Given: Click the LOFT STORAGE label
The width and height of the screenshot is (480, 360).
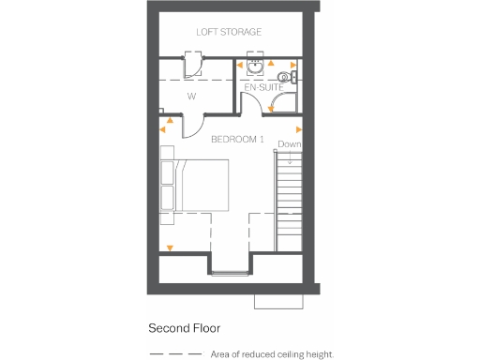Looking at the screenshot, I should pyautogui.click(x=228, y=32).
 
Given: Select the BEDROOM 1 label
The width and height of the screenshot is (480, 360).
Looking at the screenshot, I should pyautogui.click(x=237, y=140).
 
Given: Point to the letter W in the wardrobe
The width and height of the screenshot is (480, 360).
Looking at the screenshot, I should pyautogui.click(x=190, y=95).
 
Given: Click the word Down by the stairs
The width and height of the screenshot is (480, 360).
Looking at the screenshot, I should pyautogui.click(x=290, y=144).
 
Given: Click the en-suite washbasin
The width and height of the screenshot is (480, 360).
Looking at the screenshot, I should pyautogui.click(x=254, y=67).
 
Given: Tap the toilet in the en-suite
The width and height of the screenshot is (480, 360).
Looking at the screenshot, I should pyautogui.click(x=286, y=77).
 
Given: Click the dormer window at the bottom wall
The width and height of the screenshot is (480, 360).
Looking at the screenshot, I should pyautogui.click(x=229, y=274).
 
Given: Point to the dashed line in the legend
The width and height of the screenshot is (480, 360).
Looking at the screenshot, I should pyautogui.click(x=174, y=354).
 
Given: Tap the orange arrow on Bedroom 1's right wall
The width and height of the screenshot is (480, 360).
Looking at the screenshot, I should pyautogui.click(x=299, y=128).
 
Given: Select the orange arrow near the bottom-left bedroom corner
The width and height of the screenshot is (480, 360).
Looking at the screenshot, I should pyautogui.click(x=170, y=248).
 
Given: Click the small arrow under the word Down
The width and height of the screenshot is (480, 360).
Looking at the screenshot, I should pyautogui.click(x=290, y=159).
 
